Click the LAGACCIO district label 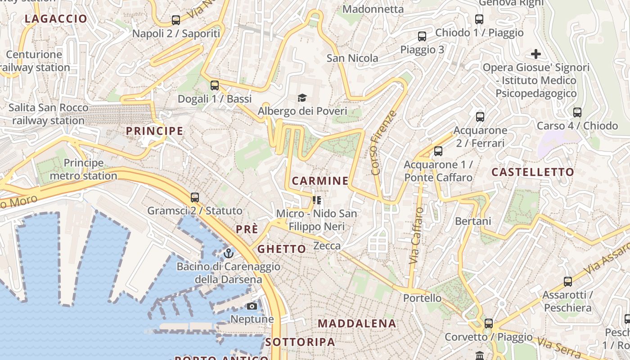click(x=56, y=19)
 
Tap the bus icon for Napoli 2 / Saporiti click(x=176, y=20)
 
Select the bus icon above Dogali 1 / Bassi click(x=215, y=85)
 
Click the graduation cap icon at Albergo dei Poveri click(x=302, y=98)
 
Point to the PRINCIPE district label click(x=154, y=131)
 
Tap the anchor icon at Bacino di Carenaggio click(x=229, y=253)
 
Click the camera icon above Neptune click(x=252, y=306)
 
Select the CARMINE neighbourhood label click(x=320, y=181)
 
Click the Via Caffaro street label click(x=416, y=235)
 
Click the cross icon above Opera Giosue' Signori click(x=535, y=54)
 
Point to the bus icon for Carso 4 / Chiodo click(x=577, y=112)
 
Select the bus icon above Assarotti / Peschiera click(x=568, y=282)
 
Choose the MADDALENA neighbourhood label click(x=357, y=324)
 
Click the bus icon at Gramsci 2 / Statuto click(x=195, y=197)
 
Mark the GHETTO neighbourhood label click(x=281, y=249)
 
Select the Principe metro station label click(x=83, y=169)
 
